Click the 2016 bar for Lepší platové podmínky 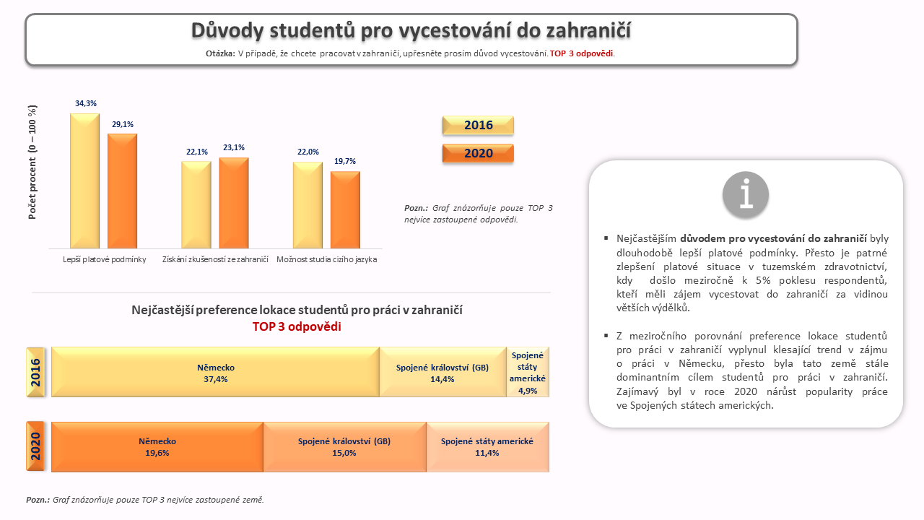pos(85,181)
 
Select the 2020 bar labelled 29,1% pos(123,191)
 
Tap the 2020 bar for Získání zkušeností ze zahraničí pos(234,203)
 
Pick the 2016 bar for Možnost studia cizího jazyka pos(308,205)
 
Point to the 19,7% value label pos(345,161)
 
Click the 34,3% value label pos(86,103)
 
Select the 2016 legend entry pos(478,126)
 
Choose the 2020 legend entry pos(478,153)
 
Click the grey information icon pos(746,194)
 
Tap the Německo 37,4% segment pos(215,372)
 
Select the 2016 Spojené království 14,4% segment pos(443,372)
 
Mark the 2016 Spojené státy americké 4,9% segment pos(528,372)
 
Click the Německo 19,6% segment pos(157,447)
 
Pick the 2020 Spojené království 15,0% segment pos(345,447)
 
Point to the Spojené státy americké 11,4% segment pos(487,447)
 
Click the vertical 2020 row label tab pos(35,446)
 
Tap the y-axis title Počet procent pos(32,162)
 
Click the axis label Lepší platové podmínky pos(105,259)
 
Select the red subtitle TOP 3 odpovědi pos(297,326)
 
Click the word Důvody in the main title pos(227,30)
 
